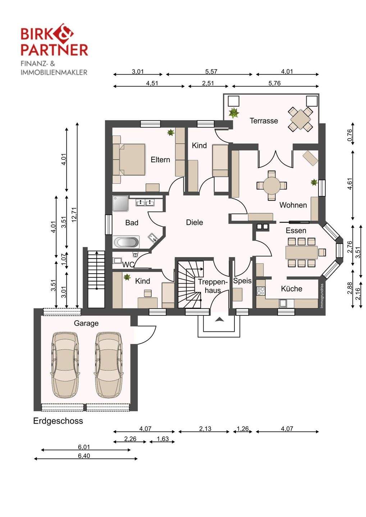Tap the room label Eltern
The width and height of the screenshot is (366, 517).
(160, 159)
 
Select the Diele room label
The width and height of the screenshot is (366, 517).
(195, 222)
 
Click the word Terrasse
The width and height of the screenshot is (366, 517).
(264, 121)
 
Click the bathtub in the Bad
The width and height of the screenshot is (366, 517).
(126, 242)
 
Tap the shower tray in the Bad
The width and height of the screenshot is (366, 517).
(120, 203)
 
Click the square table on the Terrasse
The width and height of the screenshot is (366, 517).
(300, 119)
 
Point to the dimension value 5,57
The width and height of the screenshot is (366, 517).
(211, 71)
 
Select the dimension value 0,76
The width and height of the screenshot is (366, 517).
(350, 135)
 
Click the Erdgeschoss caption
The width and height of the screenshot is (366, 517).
(58, 421)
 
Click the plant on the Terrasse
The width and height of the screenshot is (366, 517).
(234, 113)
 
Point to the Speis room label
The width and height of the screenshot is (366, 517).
(242, 281)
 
